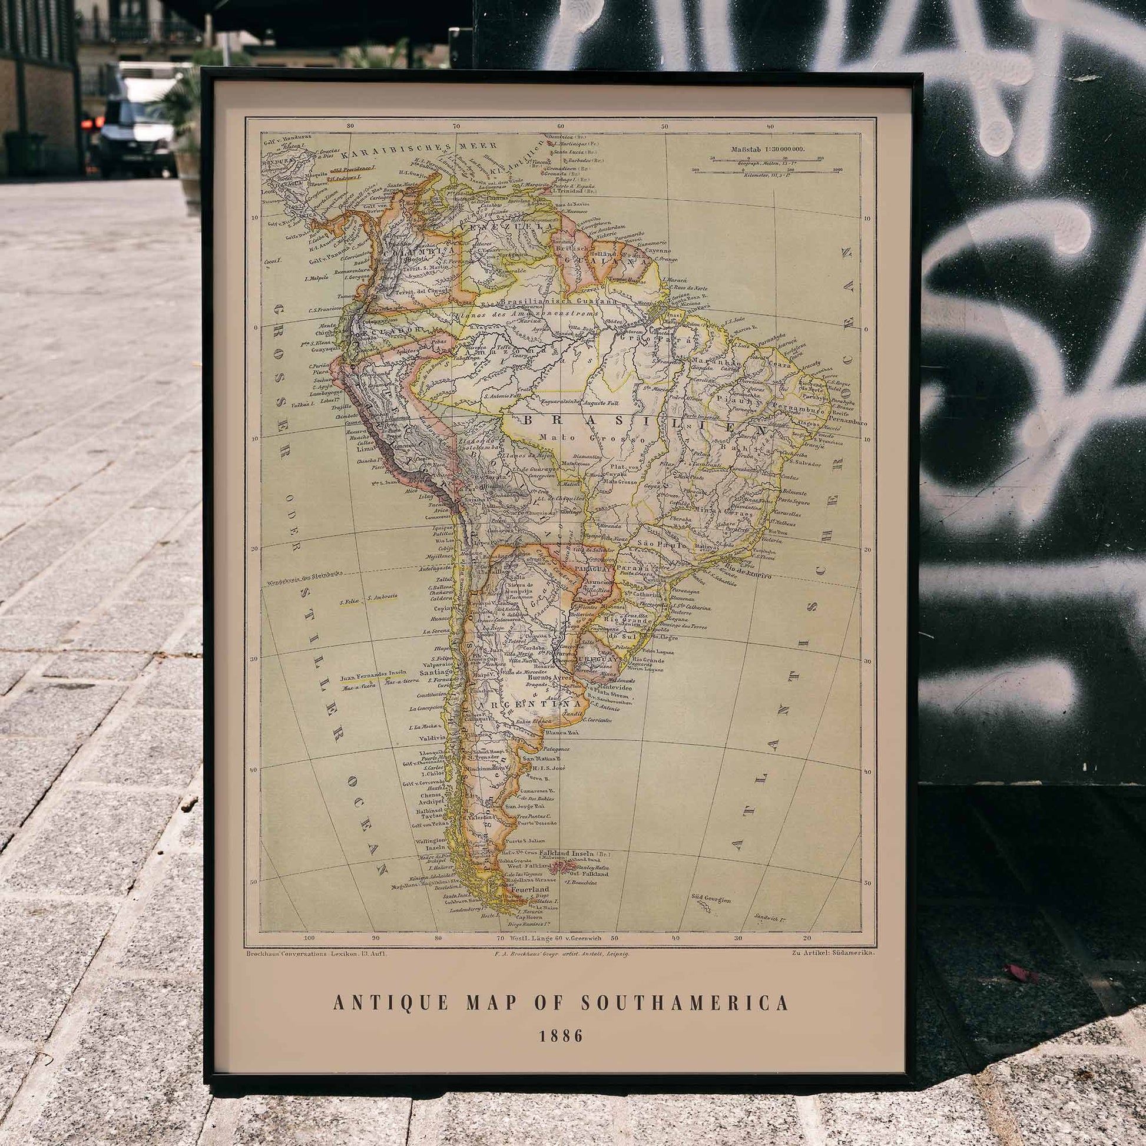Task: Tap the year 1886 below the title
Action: point(561,1036)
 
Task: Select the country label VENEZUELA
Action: point(507,228)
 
